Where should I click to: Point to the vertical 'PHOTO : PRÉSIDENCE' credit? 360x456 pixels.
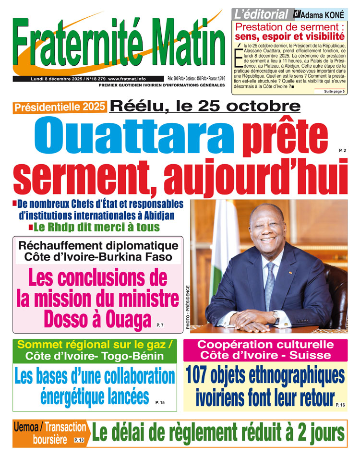tap(187, 307)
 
